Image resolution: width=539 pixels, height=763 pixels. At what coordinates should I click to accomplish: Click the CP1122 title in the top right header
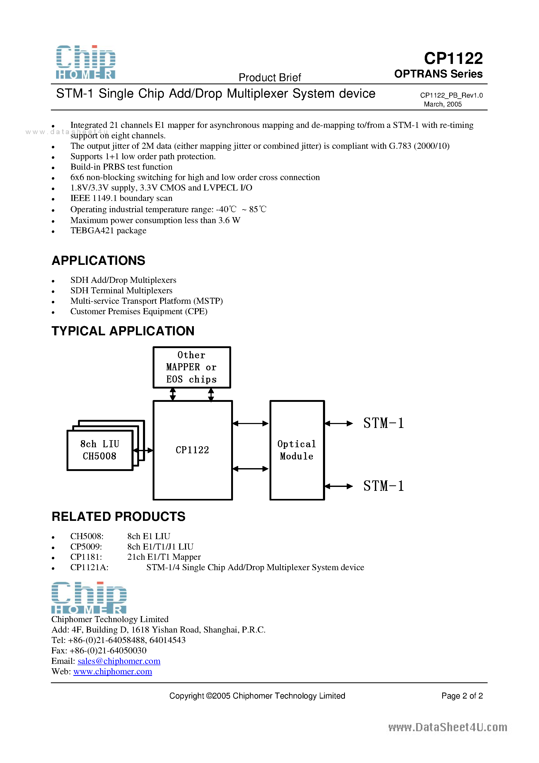[453, 58]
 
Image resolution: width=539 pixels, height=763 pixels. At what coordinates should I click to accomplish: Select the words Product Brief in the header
[269, 78]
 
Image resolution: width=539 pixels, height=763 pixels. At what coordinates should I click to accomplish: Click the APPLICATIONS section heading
[98, 260]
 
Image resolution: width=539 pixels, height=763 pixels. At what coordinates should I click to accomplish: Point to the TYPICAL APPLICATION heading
[123, 331]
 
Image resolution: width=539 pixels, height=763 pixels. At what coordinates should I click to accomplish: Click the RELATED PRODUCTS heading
[118, 516]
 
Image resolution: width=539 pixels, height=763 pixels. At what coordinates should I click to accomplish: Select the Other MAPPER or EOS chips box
[191, 367]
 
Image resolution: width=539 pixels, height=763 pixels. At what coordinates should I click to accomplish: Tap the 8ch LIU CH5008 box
[100, 450]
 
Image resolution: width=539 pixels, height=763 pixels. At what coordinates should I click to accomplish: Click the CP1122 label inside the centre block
[192, 450]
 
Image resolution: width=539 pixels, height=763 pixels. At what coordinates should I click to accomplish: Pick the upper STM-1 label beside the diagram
[384, 423]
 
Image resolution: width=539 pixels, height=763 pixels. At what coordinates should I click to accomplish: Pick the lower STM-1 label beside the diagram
[384, 486]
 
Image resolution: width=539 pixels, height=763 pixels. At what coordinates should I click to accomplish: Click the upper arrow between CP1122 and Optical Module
[250, 423]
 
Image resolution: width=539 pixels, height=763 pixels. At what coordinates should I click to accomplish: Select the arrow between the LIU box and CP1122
[143, 450]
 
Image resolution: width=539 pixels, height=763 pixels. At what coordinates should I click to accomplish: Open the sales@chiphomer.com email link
[119, 661]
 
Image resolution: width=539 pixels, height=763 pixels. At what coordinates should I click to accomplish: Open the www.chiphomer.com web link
[113, 671]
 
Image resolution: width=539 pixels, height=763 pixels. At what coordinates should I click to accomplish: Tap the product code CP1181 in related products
[86, 557]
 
